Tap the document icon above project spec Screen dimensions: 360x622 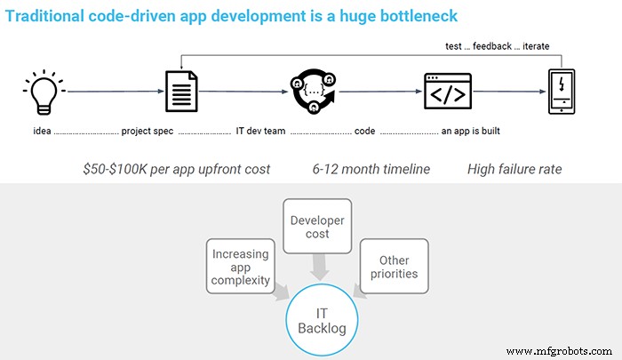[x=180, y=91]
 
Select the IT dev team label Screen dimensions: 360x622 [x=260, y=132]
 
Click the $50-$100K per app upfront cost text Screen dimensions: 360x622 [x=176, y=168]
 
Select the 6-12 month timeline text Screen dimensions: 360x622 [x=371, y=168]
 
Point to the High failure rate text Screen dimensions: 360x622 [x=514, y=168]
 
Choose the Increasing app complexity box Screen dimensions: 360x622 [x=240, y=266]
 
